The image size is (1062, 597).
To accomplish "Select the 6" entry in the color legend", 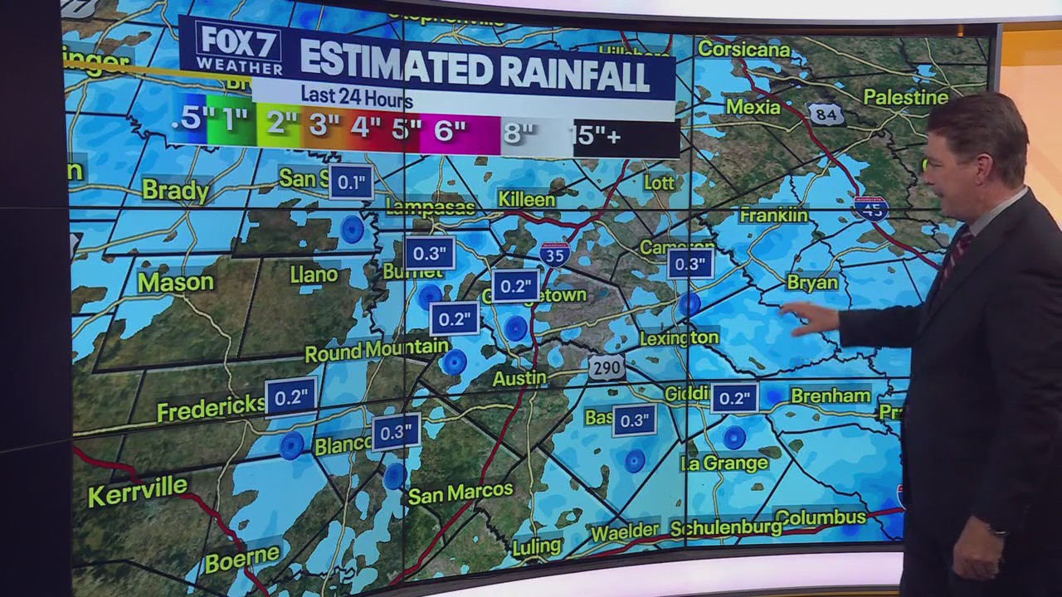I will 451,131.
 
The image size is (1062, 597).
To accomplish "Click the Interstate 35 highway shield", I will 554,254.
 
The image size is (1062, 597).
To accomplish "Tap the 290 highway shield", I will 607,367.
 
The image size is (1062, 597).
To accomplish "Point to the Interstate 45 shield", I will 871,206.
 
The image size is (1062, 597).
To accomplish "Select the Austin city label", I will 519,378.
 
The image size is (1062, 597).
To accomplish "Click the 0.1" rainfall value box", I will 350,182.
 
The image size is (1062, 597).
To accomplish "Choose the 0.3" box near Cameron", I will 689,264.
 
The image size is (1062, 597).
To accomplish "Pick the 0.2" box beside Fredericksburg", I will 290,396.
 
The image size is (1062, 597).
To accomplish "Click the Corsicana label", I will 743,48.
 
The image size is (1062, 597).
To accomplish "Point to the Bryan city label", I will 812,283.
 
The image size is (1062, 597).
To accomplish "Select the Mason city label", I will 175,283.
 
